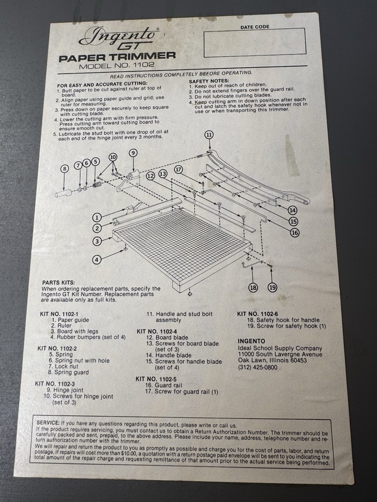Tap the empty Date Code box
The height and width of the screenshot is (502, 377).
(255, 43)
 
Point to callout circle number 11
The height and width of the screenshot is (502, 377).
(209, 134)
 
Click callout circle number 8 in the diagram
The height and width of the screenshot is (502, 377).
(64, 169)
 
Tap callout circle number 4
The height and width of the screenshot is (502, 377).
(97, 259)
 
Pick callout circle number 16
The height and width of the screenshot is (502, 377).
(295, 233)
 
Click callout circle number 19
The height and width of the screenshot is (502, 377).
(272, 287)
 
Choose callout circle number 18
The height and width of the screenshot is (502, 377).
(253, 287)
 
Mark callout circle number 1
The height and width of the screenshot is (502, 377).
(97, 217)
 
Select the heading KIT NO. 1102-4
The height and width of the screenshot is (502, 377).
(157, 331)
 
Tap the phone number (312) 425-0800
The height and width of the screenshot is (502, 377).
(257, 367)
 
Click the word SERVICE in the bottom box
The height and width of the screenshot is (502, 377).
(48, 423)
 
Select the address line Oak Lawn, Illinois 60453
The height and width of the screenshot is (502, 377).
(272, 360)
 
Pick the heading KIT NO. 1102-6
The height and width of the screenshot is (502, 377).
(258, 314)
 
